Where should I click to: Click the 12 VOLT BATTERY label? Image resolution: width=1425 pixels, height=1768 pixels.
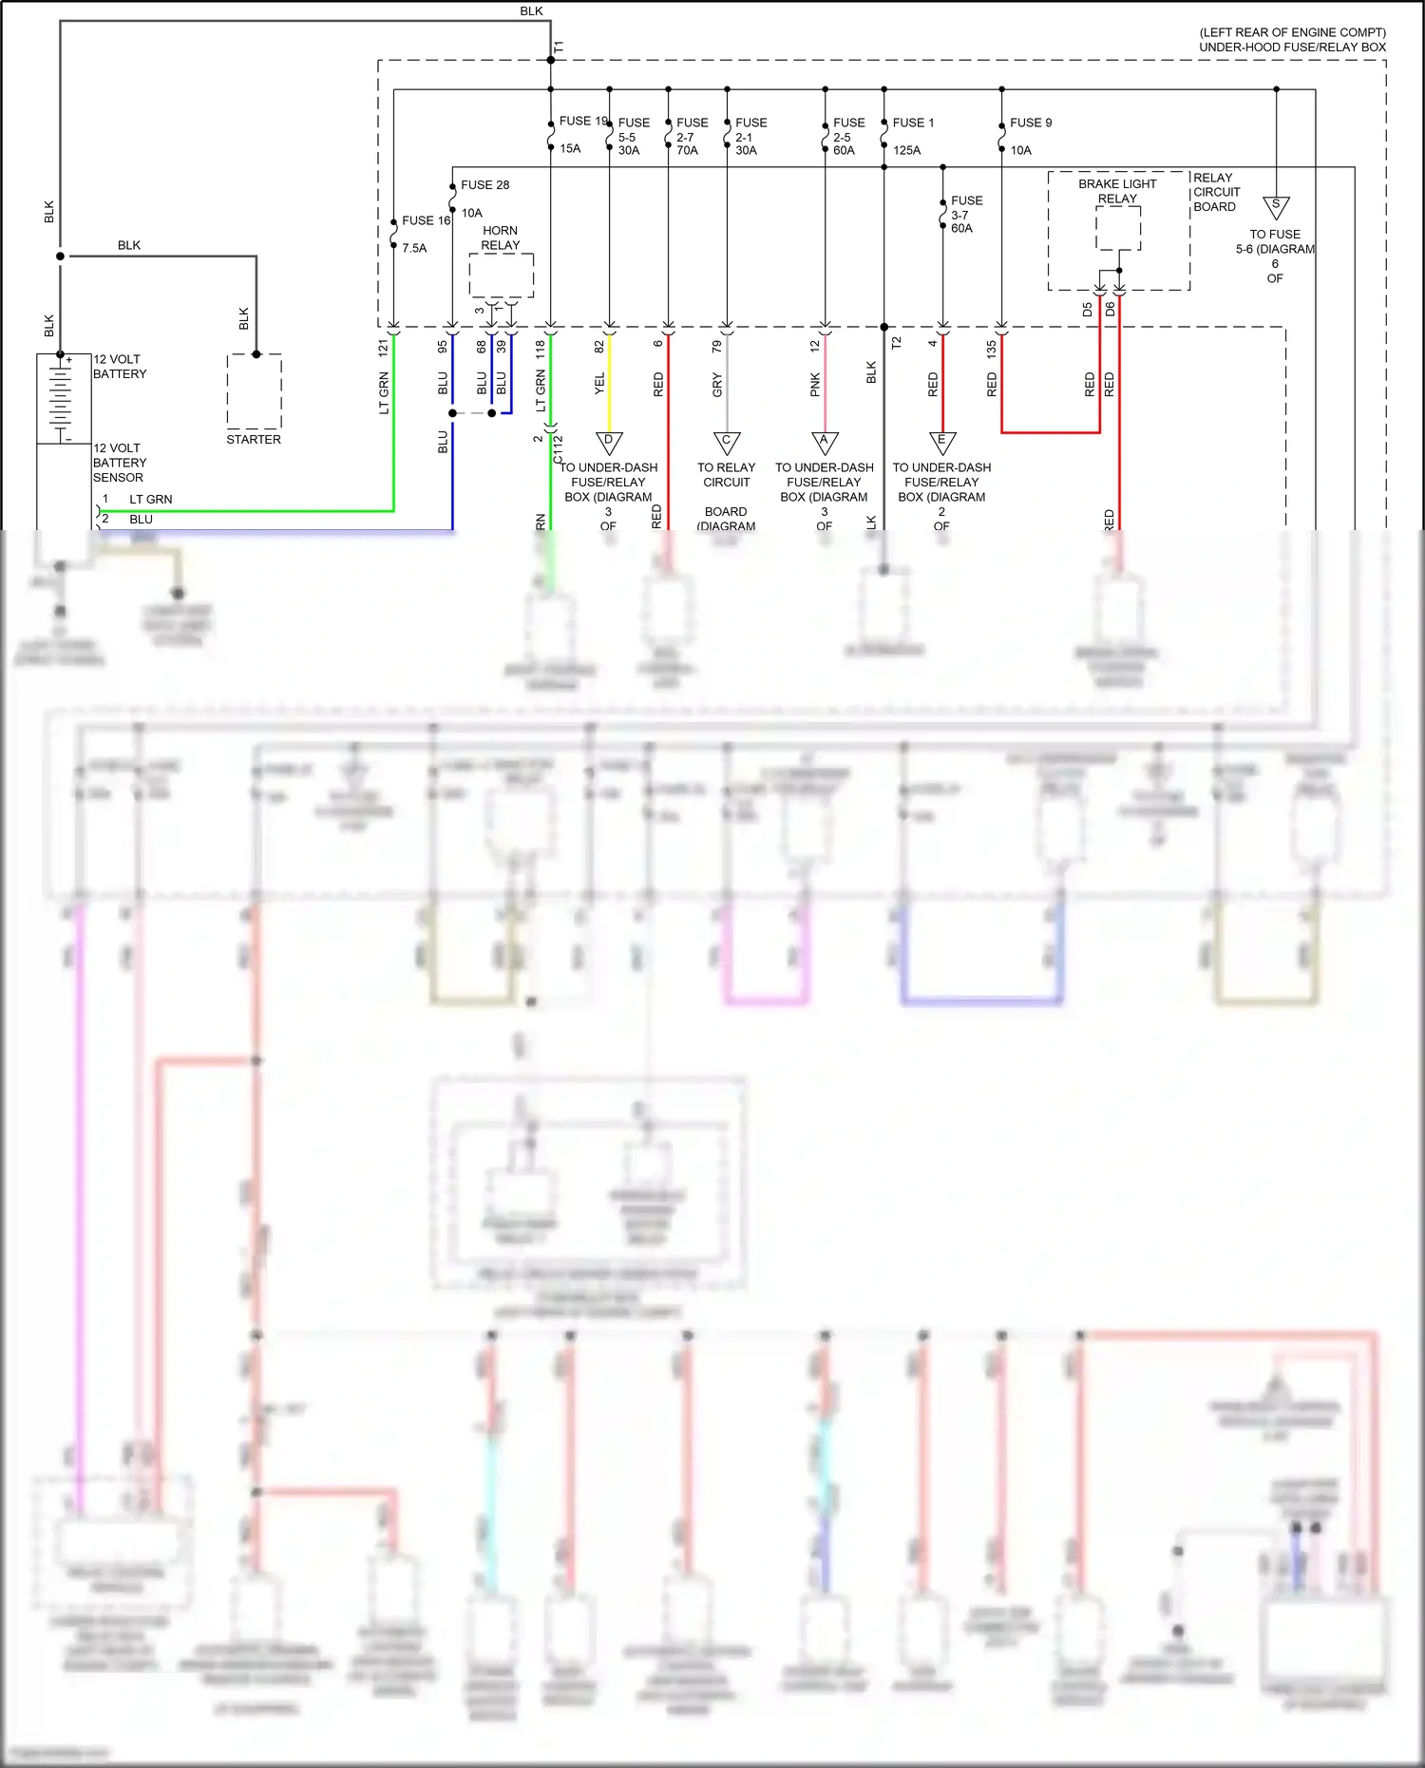pos(119,367)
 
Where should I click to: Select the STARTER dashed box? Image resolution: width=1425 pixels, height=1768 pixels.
pos(255,390)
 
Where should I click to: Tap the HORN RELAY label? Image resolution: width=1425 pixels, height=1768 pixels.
pos(500,238)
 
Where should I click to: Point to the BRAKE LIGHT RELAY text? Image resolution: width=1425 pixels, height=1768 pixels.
pos(1117,191)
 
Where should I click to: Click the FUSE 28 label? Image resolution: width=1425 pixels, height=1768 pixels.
pos(484,185)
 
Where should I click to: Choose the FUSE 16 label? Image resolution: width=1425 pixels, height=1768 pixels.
pos(425,220)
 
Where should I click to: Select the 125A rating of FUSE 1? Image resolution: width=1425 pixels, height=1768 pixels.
pos(906,150)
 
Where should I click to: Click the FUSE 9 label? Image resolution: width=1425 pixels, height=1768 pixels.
pos(1030,123)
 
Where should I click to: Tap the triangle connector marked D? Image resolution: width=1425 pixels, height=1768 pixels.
pos(609,443)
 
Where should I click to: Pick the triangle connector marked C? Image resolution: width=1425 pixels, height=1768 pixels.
pos(727,443)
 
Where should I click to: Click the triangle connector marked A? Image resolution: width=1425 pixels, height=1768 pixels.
pos(825,443)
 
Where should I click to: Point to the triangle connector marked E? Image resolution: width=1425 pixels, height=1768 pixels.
pos(942,443)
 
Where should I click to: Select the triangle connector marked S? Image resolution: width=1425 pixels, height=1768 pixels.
pos(1276,206)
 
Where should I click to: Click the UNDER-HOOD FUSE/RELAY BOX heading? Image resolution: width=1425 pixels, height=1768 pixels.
pos(1292,47)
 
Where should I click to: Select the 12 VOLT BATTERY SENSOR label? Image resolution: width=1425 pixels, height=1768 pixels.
pos(119,463)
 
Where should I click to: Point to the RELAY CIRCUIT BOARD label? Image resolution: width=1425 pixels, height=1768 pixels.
pos(1216,192)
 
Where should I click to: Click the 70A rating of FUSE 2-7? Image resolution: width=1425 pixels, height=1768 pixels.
pos(687,150)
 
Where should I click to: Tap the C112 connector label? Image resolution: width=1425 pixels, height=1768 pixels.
pos(559,448)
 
